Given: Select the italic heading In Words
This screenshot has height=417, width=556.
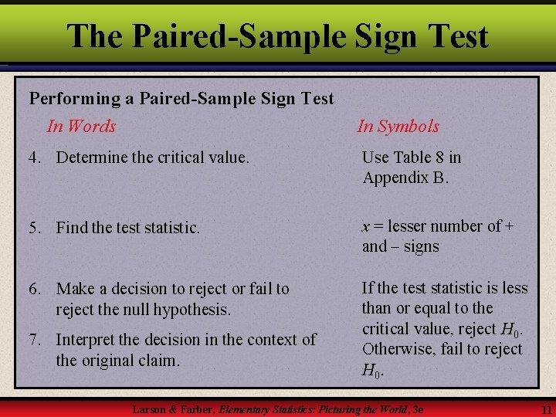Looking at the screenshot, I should pyautogui.click(x=81, y=126).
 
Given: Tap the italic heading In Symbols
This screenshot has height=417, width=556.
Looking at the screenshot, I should pyautogui.click(x=398, y=127).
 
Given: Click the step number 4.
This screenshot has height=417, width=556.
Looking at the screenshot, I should pyautogui.click(x=34, y=158).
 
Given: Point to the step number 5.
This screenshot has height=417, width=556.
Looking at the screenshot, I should pyautogui.click(x=34, y=228).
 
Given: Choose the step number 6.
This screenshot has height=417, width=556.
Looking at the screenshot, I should pyautogui.click(x=34, y=289).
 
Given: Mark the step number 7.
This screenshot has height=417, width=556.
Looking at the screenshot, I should pyautogui.click(x=34, y=340).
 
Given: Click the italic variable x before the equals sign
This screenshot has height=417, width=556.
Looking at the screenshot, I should pyautogui.click(x=367, y=227).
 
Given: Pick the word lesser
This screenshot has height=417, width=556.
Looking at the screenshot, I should pyautogui.click(x=412, y=226).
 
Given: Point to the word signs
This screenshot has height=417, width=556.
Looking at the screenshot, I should pyautogui.click(x=421, y=247).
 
